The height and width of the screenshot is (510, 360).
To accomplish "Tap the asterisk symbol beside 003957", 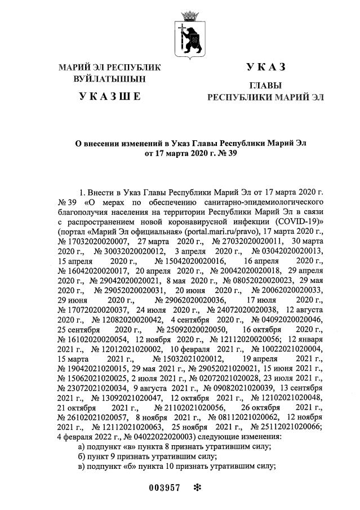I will click(x=197, y=488).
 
